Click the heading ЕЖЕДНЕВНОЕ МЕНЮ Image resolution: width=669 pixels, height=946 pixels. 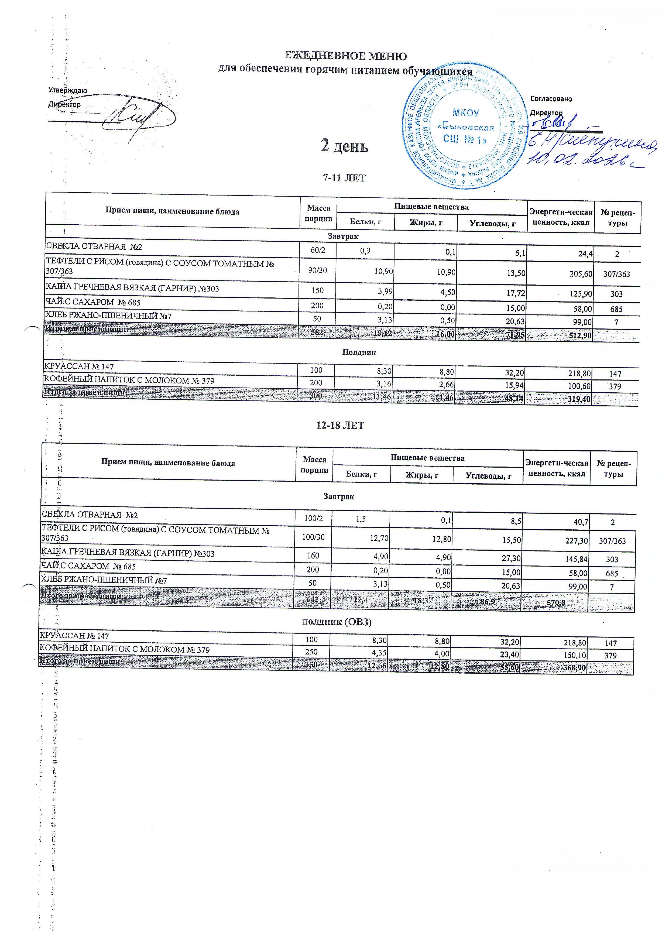click(x=346, y=56)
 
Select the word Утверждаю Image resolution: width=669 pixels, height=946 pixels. click(x=68, y=91)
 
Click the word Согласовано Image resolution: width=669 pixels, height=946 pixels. click(x=551, y=99)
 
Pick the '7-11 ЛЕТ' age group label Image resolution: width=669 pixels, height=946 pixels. click(x=344, y=178)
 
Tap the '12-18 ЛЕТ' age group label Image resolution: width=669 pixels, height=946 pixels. click(x=340, y=426)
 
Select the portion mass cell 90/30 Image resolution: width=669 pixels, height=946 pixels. click(x=317, y=270)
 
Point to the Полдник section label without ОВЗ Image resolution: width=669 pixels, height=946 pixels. click(x=359, y=352)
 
